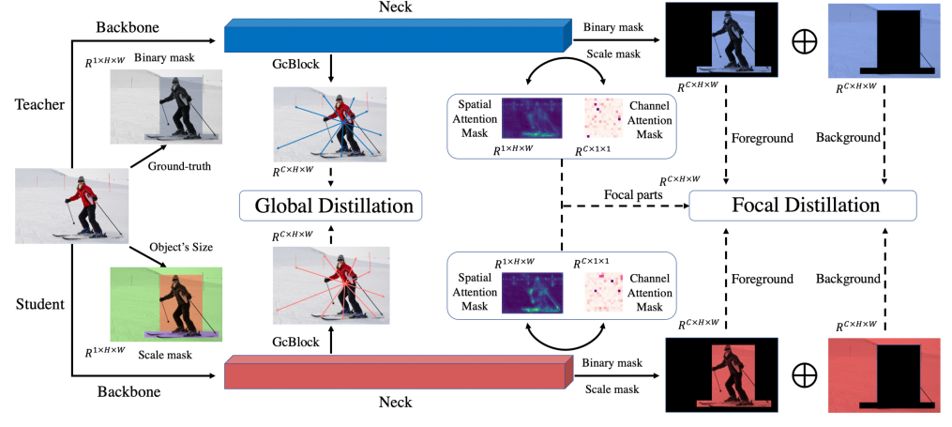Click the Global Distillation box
point(330,205)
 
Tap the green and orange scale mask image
point(166,301)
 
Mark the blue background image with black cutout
point(882,41)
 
